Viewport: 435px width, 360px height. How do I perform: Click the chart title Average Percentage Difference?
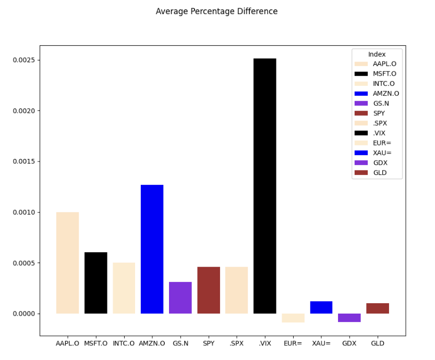(x=216, y=11)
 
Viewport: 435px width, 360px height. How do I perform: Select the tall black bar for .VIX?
(x=264, y=186)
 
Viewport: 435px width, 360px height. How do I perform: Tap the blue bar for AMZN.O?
(x=152, y=249)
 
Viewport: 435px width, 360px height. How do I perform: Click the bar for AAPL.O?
(x=67, y=263)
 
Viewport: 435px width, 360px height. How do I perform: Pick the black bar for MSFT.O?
(x=95, y=283)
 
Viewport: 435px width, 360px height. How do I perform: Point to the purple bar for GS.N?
(x=180, y=297)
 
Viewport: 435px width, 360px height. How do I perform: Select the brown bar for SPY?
(x=208, y=290)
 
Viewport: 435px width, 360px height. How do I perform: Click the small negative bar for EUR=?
(x=293, y=318)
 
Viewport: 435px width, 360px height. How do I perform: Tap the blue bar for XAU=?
(x=321, y=307)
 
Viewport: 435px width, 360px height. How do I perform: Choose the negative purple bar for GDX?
(x=349, y=318)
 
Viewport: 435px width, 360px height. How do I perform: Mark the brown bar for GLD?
(x=377, y=308)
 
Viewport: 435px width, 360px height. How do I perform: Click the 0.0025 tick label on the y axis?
(x=23, y=60)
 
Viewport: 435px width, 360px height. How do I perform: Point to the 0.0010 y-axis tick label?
(x=23, y=212)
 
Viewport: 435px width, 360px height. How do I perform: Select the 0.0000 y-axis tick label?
(x=23, y=314)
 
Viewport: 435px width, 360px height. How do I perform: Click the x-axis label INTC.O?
(x=124, y=343)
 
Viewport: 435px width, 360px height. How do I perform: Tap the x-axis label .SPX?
(x=236, y=343)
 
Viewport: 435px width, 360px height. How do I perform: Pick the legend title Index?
(x=377, y=54)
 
